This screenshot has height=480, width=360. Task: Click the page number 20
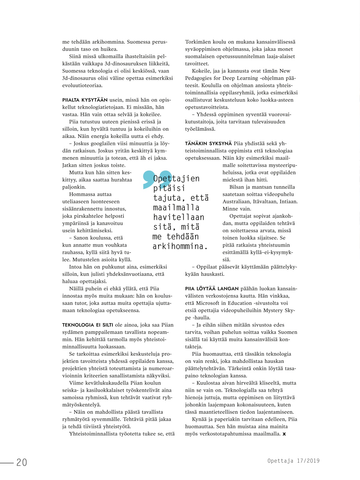click(x=22, y=462)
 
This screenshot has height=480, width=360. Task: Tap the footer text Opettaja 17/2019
click(x=293, y=461)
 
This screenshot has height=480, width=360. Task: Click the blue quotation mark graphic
click(x=154, y=180)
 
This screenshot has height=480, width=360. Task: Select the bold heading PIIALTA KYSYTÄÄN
click(x=85, y=100)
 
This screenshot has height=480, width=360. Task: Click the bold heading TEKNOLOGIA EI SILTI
click(x=87, y=325)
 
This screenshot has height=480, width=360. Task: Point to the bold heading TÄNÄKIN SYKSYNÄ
click(x=208, y=144)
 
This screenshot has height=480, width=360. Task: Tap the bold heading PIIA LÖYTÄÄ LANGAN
click(x=212, y=289)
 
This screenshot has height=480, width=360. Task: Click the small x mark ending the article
click(x=284, y=434)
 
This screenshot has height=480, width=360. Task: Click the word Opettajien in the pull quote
click(x=176, y=179)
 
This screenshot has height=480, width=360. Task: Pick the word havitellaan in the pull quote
click(x=178, y=217)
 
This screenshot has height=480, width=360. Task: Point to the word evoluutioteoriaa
click(x=82, y=85)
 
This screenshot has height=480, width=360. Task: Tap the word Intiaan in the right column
click(x=288, y=202)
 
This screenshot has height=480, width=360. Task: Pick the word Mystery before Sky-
click(x=273, y=310)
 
